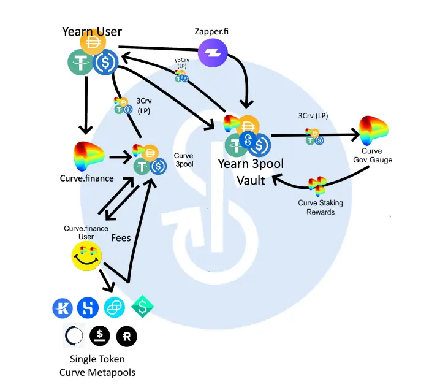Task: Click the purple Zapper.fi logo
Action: coord(213,53)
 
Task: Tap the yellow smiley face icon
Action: coord(86,256)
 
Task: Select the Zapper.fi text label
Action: coord(211,31)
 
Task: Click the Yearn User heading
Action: coord(92,31)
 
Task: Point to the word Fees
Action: coord(121,238)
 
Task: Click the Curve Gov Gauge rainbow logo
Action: coord(373,130)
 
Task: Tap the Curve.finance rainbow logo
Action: coord(88,156)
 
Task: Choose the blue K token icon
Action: coord(63,308)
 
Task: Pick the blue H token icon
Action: coord(88,308)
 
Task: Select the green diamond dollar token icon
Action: coord(143,307)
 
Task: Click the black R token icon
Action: coord(127,336)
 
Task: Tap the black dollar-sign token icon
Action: coord(100,335)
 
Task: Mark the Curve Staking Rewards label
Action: coord(321,207)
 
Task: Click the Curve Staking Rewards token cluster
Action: coord(317,186)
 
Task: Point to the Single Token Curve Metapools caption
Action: coord(97,365)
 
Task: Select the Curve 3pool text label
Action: coord(184,160)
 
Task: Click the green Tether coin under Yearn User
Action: coord(80,62)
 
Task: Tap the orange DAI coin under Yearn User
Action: coord(93,42)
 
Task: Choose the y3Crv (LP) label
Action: coord(182,63)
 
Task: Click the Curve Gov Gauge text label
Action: coord(373,155)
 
